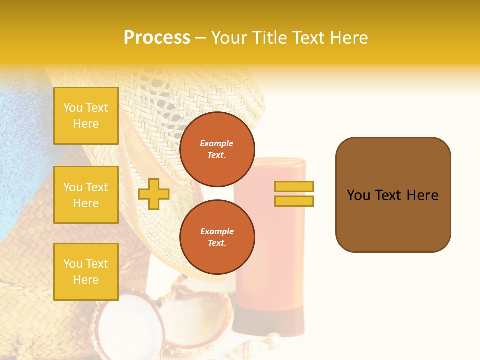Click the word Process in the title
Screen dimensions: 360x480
click(x=157, y=38)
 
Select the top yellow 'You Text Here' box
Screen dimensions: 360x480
click(x=86, y=116)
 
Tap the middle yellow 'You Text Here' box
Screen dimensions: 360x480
click(x=86, y=195)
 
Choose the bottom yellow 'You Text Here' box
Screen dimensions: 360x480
click(x=86, y=271)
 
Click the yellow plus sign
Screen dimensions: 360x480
click(x=154, y=194)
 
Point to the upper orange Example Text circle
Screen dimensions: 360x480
click(x=217, y=149)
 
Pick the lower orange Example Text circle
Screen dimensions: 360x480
click(x=217, y=237)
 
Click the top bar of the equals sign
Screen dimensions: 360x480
click(x=294, y=186)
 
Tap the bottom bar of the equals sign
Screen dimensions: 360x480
click(x=294, y=201)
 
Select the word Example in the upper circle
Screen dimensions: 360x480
click(x=216, y=143)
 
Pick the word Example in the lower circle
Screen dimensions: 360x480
click(x=217, y=231)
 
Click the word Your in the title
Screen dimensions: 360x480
click(x=229, y=38)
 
